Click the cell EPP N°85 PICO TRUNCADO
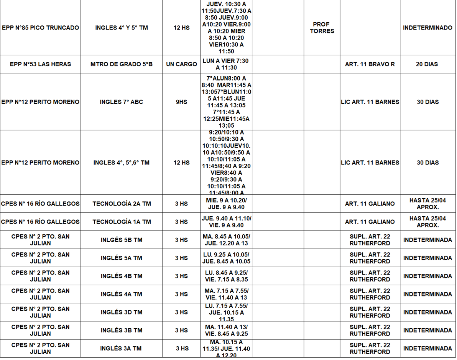pyautogui.click(x=40, y=28)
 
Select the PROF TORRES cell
pyautogui.click(x=322, y=28)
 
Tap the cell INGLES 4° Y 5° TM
pyautogui.click(x=122, y=28)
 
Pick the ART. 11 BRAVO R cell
pyautogui.click(x=370, y=64)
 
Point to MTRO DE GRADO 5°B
pyautogui.click(x=122, y=64)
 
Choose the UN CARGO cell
pyautogui.click(x=181, y=64)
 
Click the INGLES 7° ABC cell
pyautogui.click(x=122, y=102)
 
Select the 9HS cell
pyautogui.click(x=181, y=102)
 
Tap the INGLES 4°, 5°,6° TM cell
pyautogui.click(x=122, y=163)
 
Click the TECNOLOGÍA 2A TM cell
pyautogui.click(x=122, y=204)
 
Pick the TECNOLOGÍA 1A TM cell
pyautogui.click(x=122, y=222)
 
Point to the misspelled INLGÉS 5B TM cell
pyautogui.click(x=122, y=240)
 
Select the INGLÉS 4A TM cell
pyautogui.click(x=122, y=294)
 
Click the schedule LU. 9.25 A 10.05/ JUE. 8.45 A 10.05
pyautogui.click(x=226, y=258)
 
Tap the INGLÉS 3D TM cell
pyautogui.click(x=122, y=312)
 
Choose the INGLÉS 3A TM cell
pyautogui.click(x=122, y=348)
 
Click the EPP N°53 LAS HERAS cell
pyautogui.click(x=40, y=64)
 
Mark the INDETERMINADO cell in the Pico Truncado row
pyautogui.click(x=427, y=28)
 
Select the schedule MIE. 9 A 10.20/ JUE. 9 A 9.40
pyautogui.click(x=226, y=204)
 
